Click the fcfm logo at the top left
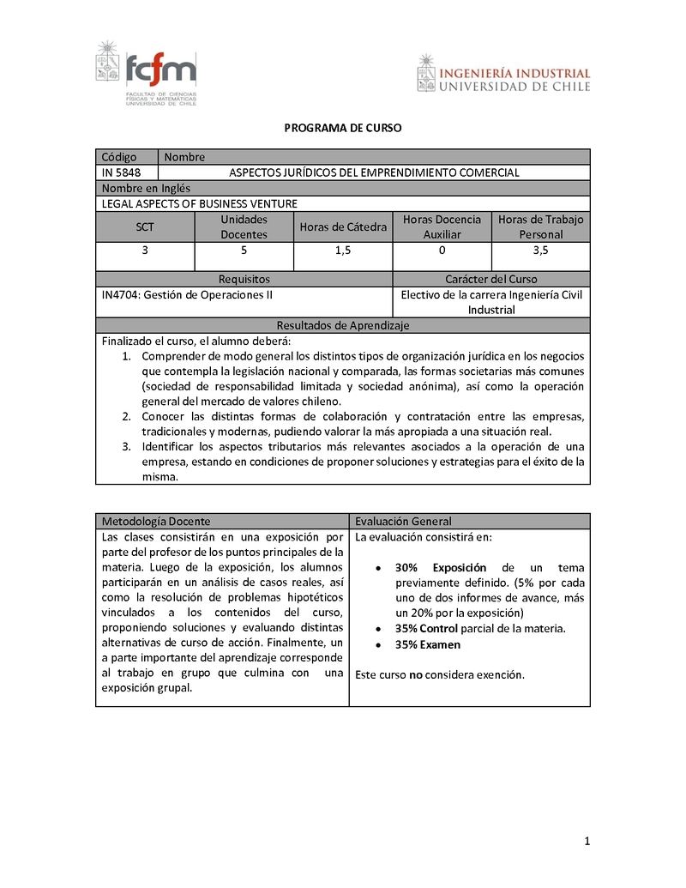click(147, 75)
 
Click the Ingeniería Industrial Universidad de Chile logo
click(503, 75)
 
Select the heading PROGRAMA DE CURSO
click(343, 128)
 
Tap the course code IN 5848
click(121, 172)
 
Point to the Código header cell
click(119, 157)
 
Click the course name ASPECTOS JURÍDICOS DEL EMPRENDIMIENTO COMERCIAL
click(374, 172)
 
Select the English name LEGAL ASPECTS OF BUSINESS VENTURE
click(199, 203)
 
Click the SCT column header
click(145, 227)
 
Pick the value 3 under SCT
click(145, 251)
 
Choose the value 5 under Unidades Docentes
click(244, 251)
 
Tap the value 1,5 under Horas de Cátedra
click(343, 251)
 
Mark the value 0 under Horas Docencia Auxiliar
click(442, 251)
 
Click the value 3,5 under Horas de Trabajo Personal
click(540, 251)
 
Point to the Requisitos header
click(244, 279)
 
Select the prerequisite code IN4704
click(118, 294)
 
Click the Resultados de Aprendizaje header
click(343, 325)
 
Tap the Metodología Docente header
click(155, 522)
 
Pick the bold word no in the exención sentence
click(415, 674)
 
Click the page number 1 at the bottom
click(587, 842)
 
